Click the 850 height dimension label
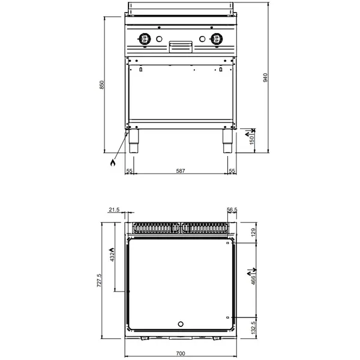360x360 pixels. coord(102,85)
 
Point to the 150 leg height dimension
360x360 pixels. coord(251,140)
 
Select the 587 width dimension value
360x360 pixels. coord(180,172)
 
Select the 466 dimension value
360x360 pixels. coord(253,280)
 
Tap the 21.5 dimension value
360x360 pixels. coord(115,210)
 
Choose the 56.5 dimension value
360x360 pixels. coord(232,210)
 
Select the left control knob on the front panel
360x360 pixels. coord(145,40)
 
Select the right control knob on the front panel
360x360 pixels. coord(216,40)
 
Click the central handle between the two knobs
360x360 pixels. coord(181,46)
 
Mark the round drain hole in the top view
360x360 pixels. coord(181,325)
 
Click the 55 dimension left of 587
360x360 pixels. coord(129,172)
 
